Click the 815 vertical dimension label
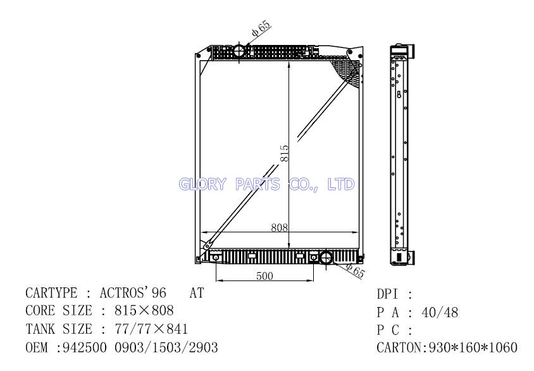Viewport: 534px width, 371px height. [284, 153]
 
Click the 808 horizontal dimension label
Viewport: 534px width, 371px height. [279, 227]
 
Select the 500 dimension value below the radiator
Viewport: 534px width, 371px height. [264, 275]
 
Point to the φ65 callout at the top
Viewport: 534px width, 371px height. [261, 28]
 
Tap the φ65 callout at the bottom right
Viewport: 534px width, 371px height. [355, 270]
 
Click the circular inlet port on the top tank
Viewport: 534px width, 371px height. [239, 51]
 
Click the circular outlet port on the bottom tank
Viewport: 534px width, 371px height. [326, 258]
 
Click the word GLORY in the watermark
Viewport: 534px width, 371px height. [202, 184]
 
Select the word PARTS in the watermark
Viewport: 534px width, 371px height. [258, 184]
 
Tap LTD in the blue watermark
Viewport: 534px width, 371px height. [341, 184]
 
